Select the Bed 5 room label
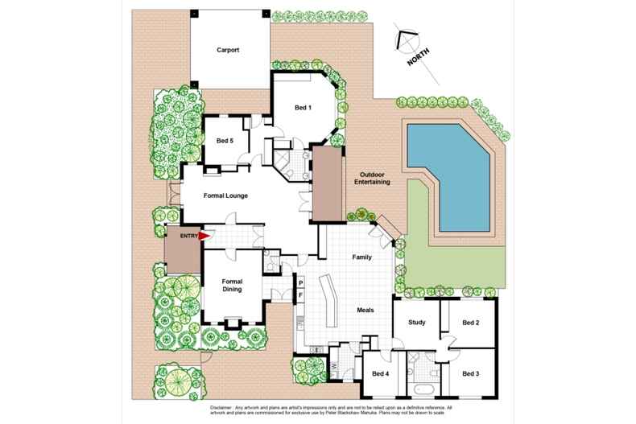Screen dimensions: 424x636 225,141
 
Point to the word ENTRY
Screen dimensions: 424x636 188,236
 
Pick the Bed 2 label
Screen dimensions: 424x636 471,323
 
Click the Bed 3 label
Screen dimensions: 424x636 471,373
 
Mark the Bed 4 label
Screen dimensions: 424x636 381,373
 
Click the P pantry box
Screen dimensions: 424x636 300,283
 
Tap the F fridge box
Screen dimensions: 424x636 300,295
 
